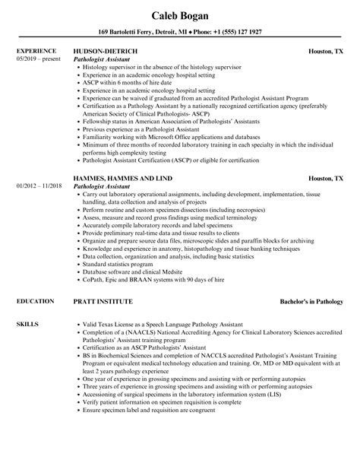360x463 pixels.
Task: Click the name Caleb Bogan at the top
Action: click(180, 15)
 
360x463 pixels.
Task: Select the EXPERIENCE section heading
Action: click(36, 52)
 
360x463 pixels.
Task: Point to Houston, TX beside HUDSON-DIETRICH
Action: click(327, 52)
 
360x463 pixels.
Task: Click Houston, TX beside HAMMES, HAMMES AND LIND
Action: click(327, 179)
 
